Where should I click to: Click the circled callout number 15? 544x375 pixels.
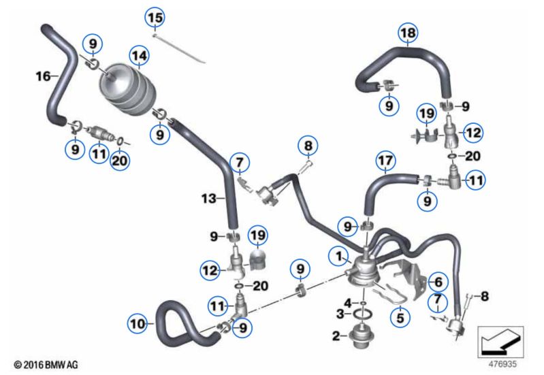tap(155, 18)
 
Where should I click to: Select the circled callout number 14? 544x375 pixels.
tap(140, 56)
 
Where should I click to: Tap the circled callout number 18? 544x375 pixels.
tap(408, 33)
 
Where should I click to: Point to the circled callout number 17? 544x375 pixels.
tap(386, 161)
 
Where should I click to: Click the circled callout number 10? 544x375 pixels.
tap(138, 324)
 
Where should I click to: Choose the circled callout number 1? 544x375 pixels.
tap(338, 257)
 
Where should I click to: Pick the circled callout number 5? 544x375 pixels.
tap(400, 317)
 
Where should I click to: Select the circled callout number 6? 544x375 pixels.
tap(438, 282)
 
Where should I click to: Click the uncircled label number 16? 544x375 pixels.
tap(44, 76)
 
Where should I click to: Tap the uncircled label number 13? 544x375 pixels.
tap(209, 199)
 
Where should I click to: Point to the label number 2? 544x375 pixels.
tap(336, 336)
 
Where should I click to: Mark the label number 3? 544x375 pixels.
tap(340, 314)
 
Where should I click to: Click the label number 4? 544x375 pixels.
tap(348, 302)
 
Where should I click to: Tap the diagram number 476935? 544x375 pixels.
tap(502, 364)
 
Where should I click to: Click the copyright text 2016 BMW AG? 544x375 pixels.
tap(46, 365)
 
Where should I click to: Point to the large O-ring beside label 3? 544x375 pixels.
tap(362, 314)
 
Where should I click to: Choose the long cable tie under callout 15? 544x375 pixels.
tap(179, 48)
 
